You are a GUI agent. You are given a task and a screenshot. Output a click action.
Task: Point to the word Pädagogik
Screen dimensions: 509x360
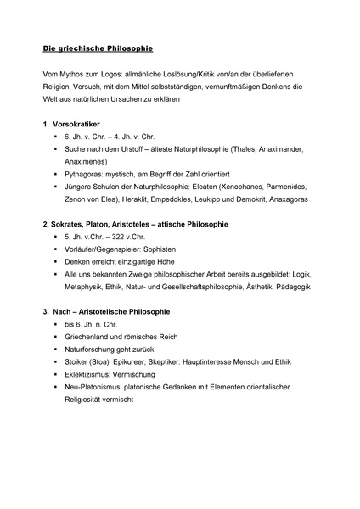311,287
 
